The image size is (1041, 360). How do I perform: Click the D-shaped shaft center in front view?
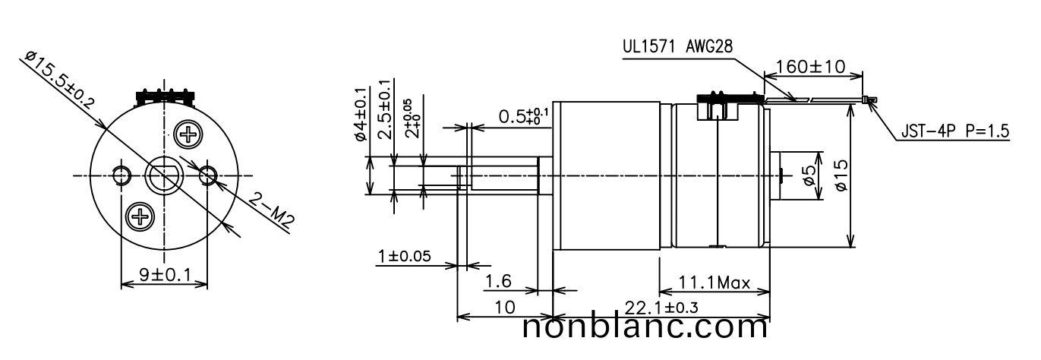(164, 176)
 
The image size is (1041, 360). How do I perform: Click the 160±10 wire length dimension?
(812, 66)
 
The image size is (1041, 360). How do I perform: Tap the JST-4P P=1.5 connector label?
(954, 131)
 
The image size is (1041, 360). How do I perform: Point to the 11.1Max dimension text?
(714, 284)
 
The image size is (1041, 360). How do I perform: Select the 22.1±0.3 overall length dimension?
(661, 307)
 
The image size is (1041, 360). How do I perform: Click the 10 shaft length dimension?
(504, 307)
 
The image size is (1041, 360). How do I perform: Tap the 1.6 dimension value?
(498, 282)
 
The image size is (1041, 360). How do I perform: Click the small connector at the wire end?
(869, 99)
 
